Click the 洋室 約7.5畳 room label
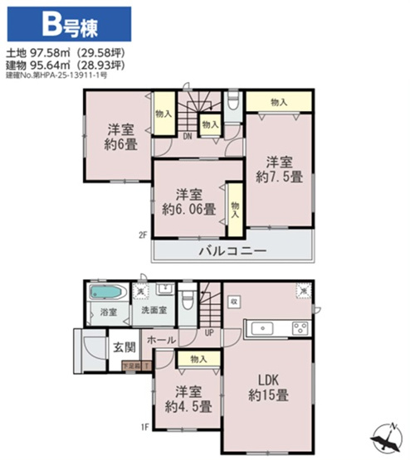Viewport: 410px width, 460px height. tap(278, 168)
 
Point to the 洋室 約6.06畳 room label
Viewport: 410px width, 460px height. tap(191, 201)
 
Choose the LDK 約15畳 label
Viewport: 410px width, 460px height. tap(267, 388)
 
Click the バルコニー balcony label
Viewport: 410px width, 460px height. tap(232, 249)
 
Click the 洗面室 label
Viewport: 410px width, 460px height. tap(154, 312)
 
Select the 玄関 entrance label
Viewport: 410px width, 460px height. tap(124, 346)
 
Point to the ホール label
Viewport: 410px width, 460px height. tap(161, 341)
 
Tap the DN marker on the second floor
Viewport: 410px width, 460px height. tap(188, 136)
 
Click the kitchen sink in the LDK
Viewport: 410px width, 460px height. tap(263, 327)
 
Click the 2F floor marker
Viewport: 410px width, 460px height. tap(142, 235)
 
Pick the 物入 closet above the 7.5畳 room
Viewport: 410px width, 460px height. tap(278, 102)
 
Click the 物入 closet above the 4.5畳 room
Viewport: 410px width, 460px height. tap(198, 359)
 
